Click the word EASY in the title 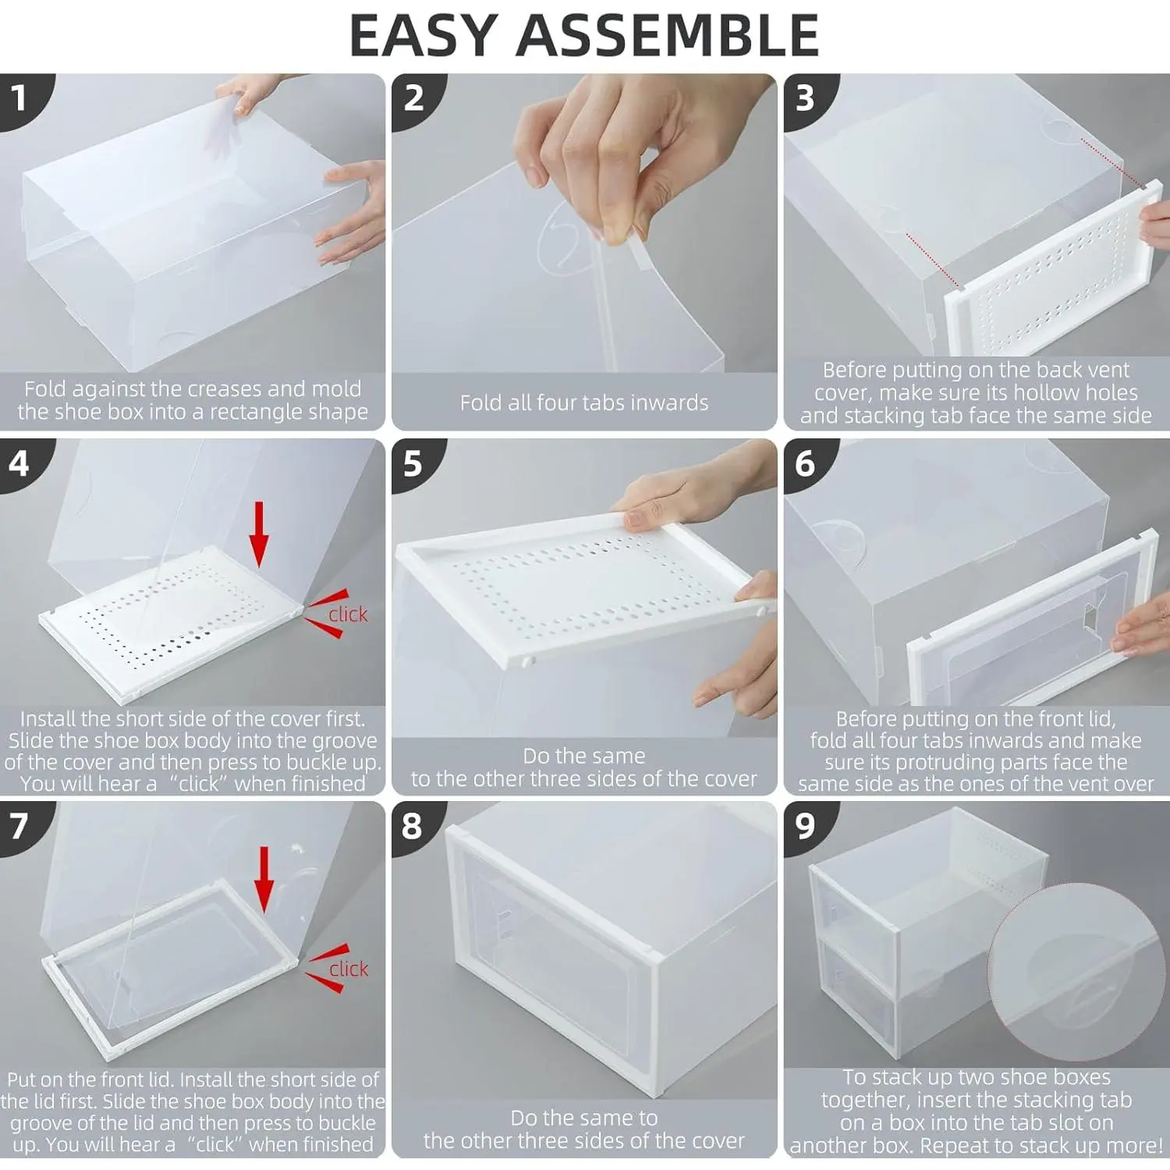(x=424, y=35)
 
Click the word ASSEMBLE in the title (x=668, y=35)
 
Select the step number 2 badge (x=415, y=98)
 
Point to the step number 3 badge (x=807, y=98)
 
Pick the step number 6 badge (x=807, y=463)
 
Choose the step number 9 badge (x=807, y=826)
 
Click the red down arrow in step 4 (x=259, y=534)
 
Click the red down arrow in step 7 (x=264, y=879)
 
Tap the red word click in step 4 (x=348, y=615)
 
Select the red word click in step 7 (x=349, y=969)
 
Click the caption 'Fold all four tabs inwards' (x=584, y=402)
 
